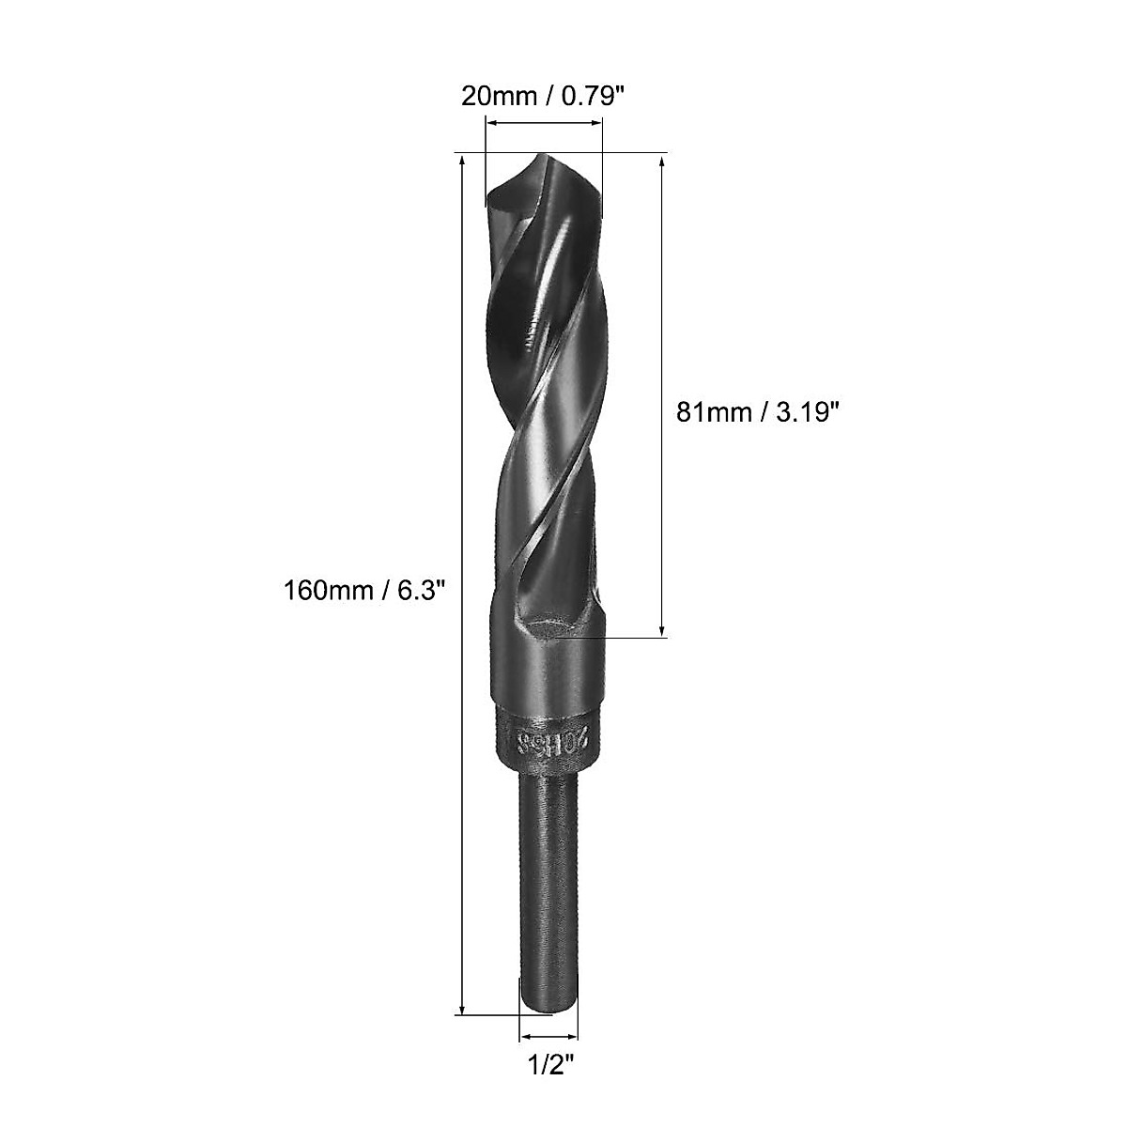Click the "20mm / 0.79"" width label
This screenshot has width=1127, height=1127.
point(542,97)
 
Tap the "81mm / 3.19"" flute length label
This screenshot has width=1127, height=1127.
point(756,411)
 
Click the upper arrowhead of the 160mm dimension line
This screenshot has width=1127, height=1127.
point(462,162)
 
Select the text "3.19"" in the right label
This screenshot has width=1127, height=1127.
point(804,411)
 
